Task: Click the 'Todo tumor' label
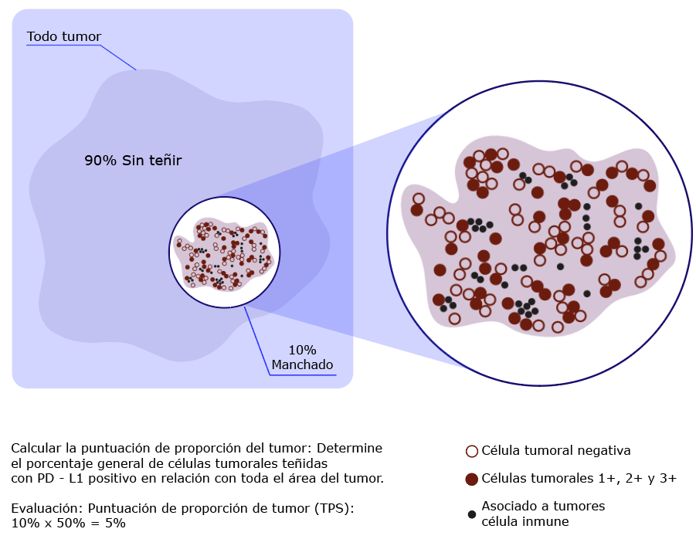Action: coord(64,36)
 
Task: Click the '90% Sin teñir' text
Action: coord(133,160)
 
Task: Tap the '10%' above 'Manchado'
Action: coord(302,350)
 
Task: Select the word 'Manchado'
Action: coord(302,364)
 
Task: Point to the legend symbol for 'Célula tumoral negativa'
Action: coord(471,451)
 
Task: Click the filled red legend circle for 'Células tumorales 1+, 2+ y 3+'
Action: coord(471,479)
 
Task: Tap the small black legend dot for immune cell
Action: coord(472,514)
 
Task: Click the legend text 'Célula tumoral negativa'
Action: coord(555,451)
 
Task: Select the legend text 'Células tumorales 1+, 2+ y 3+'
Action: coord(579,478)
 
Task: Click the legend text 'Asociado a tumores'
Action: coord(543,506)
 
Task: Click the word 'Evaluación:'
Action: coord(47,508)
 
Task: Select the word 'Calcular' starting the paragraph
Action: coord(37,448)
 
